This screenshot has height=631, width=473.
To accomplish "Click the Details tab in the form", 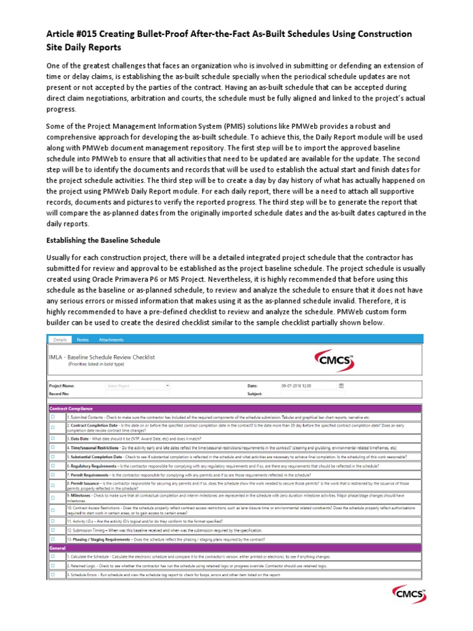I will coord(59,340).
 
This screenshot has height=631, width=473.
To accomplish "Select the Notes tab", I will coord(82,340).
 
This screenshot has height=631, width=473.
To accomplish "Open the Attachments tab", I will coord(111,340).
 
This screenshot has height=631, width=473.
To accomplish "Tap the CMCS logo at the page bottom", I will coord(410,596).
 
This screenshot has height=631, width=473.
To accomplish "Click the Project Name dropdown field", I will coord(137,386).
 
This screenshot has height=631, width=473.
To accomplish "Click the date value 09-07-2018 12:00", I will coord(296,386).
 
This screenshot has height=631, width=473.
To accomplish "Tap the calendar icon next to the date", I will coord(341,386).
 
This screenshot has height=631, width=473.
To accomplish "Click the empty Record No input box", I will coord(137,393).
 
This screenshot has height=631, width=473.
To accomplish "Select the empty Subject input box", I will coord(313,393).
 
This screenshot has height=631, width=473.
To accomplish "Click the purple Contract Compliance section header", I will coord(235,408).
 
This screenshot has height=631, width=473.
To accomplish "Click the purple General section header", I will coord(235,547).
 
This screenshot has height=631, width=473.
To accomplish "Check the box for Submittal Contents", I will coord(52,417).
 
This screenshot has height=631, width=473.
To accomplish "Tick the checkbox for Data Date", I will coord(52,438).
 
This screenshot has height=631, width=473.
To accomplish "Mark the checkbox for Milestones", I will coord(52,497).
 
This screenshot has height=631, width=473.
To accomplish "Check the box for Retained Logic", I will coord(52,564).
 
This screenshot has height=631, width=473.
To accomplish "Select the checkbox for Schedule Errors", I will coord(52,574).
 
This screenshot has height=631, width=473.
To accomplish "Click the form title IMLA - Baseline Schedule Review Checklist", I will coord(102,357).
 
